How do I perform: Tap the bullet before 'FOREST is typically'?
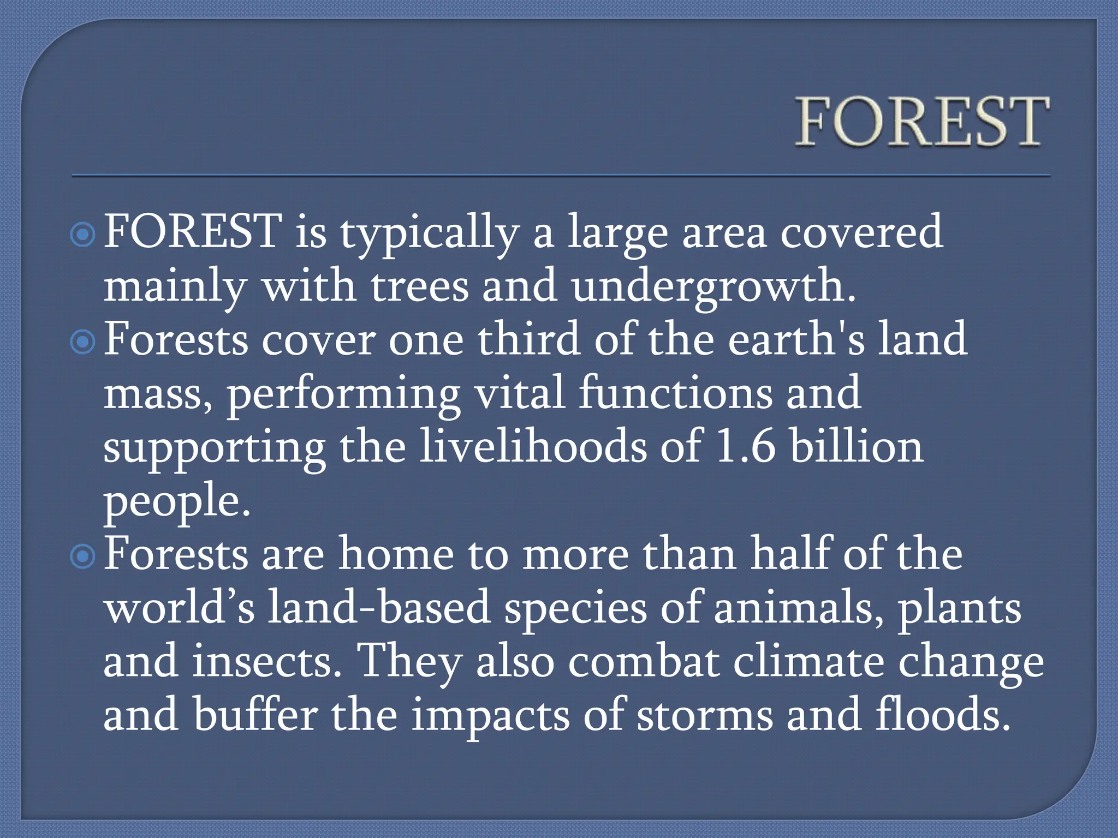(x=83, y=235)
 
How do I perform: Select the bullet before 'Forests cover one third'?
(x=83, y=342)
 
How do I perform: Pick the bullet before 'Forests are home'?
(x=83, y=556)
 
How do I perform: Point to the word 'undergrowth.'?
(x=713, y=287)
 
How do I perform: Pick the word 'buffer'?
(x=255, y=715)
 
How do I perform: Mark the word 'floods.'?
(x=943, y=715)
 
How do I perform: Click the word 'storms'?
(x=705, y=715)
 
